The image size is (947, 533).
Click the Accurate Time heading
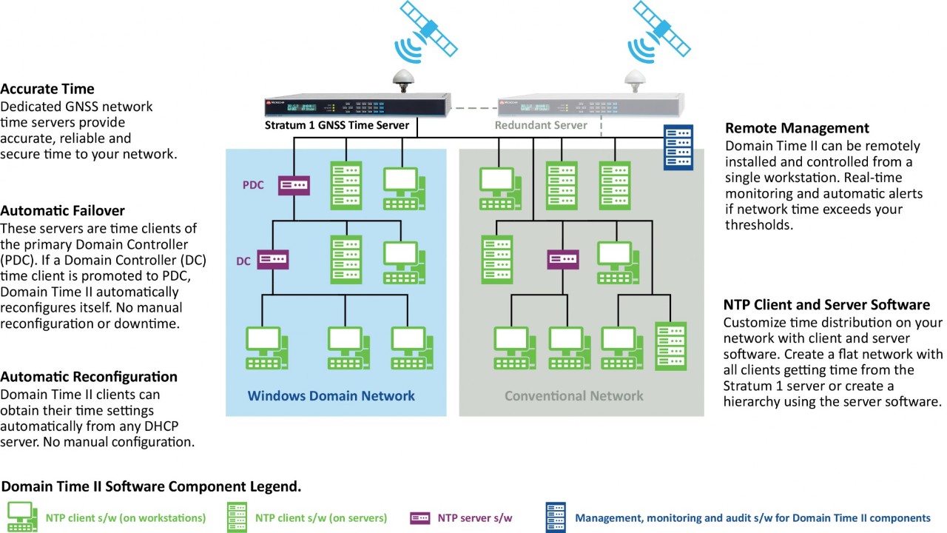[x=47, y=90]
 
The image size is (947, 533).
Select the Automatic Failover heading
[x=62, y=210]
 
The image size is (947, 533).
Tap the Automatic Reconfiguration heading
[x=89, y=377]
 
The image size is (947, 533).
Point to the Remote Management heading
[x=797, y=128]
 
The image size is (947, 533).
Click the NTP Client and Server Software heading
[x=826, y=305]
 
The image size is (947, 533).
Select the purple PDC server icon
[x=294, y=185]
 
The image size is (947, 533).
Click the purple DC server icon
[x=272, y=260]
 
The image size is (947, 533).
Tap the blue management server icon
[x=678, y=147]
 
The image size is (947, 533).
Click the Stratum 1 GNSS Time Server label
[x=337, y=125]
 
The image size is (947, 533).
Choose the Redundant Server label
[x=541, y=125]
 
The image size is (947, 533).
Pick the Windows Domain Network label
[x=331, y=396]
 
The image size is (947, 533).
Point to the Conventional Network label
[x=574, y=396]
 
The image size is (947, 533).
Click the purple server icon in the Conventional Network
[x=563, y=260]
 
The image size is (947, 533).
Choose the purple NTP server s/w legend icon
[x=420, y=518]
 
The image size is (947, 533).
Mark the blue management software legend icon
[x=556, y=517]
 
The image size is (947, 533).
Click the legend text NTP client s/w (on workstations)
[x=126, y=518]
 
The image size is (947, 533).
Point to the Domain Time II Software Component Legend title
[x=151, y=486]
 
